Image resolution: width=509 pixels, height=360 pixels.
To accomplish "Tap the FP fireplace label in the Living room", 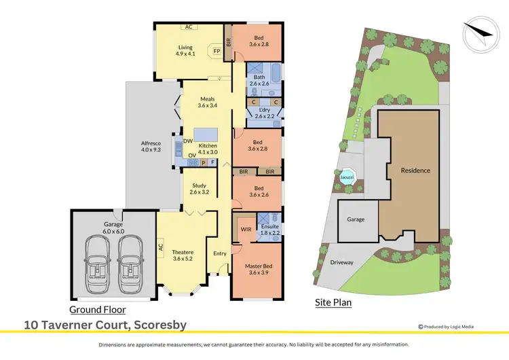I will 216,51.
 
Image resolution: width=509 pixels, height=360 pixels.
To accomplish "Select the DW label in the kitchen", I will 188,141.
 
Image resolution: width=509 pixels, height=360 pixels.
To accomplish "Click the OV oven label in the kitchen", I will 192,156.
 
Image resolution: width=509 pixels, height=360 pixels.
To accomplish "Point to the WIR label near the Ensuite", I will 246,230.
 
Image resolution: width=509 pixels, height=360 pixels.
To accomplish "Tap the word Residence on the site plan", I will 415,170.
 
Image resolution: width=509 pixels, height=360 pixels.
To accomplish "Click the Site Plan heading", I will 333,302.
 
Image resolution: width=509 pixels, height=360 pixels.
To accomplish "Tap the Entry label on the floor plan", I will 220,253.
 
